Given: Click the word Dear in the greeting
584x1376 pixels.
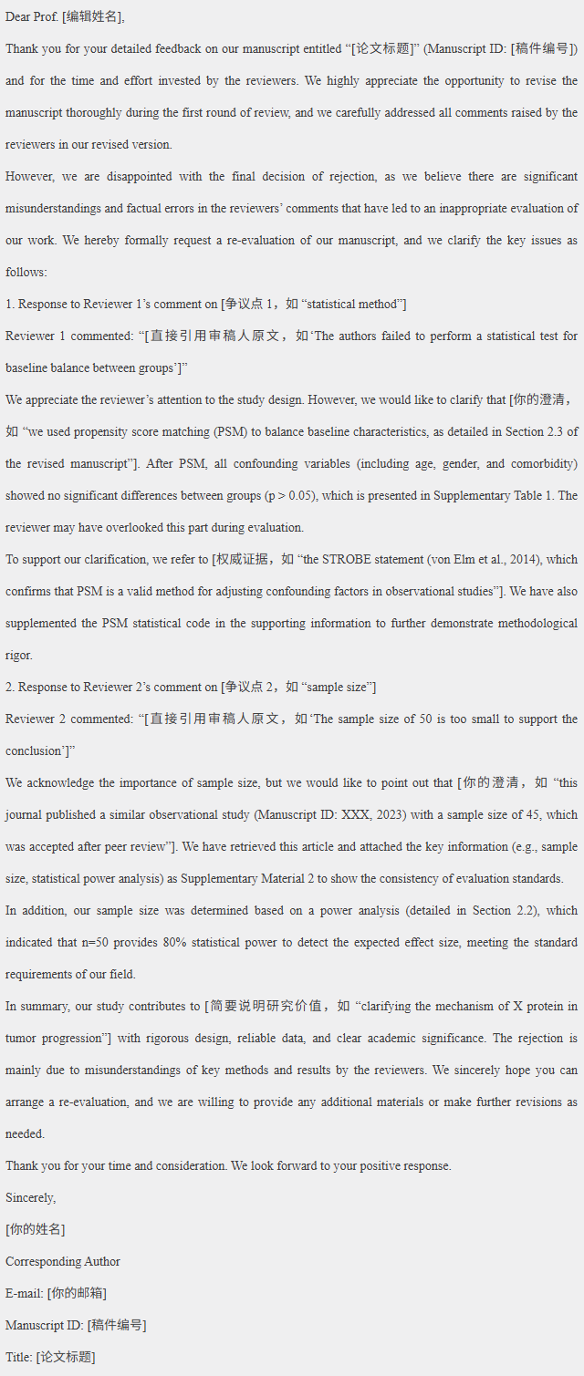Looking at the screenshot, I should [x=19, y=16].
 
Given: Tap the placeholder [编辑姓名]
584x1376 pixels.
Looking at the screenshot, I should [x=95, y=16].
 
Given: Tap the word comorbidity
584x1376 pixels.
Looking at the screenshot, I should [x=542, y=463].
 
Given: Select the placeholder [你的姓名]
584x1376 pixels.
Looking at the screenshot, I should [x=35, y=1229].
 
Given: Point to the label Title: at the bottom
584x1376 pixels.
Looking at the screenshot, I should [x=18, y=1357].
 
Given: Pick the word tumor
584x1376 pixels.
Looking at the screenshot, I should [x=20, y=1038].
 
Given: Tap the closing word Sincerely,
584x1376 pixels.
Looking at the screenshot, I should [x=30, y=1197].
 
